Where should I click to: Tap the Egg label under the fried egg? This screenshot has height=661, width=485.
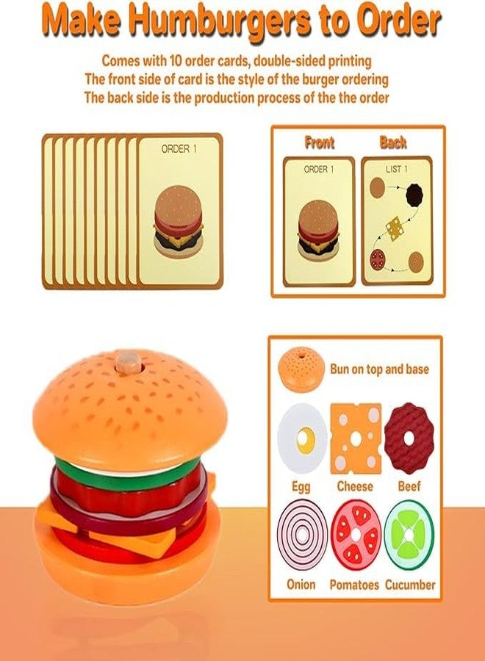pyautogui.click(x=301, y=488)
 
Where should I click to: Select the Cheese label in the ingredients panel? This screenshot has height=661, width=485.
pyautogui.click(x=355, y=486)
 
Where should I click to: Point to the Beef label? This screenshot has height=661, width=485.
pyautogui.click(x=409, y=486)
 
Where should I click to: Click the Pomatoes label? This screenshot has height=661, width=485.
pyautogui.click(x=354, y=585)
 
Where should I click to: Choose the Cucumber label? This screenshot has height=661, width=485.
pyautogui.click(x=410, y=585)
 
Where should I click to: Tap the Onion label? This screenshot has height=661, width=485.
pyautogui.click(x=301, y=585)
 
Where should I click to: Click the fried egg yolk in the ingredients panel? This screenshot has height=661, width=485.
pyautogui.click(x=306, y=441)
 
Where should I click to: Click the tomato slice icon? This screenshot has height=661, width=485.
pyautogui.click(x=356, y=535)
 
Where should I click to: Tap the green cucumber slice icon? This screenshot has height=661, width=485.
pyautogui.click(x=409, y=535)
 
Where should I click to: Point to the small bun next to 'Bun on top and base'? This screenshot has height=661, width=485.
pyautogui.click(x=301, y=369)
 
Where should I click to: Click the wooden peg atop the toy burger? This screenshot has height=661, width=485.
pyautogui.click(x=129, y=363)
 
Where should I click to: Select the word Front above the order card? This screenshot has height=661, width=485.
pyautogui.click(x=319, y=142)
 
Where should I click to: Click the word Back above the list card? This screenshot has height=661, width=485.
pyautogui.click(x=392, y=142)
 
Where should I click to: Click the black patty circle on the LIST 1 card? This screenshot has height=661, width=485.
pyautogui.click(x=414, y=195)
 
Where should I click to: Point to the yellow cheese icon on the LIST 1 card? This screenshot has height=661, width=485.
pyautogui.click(x=394, y=228)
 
